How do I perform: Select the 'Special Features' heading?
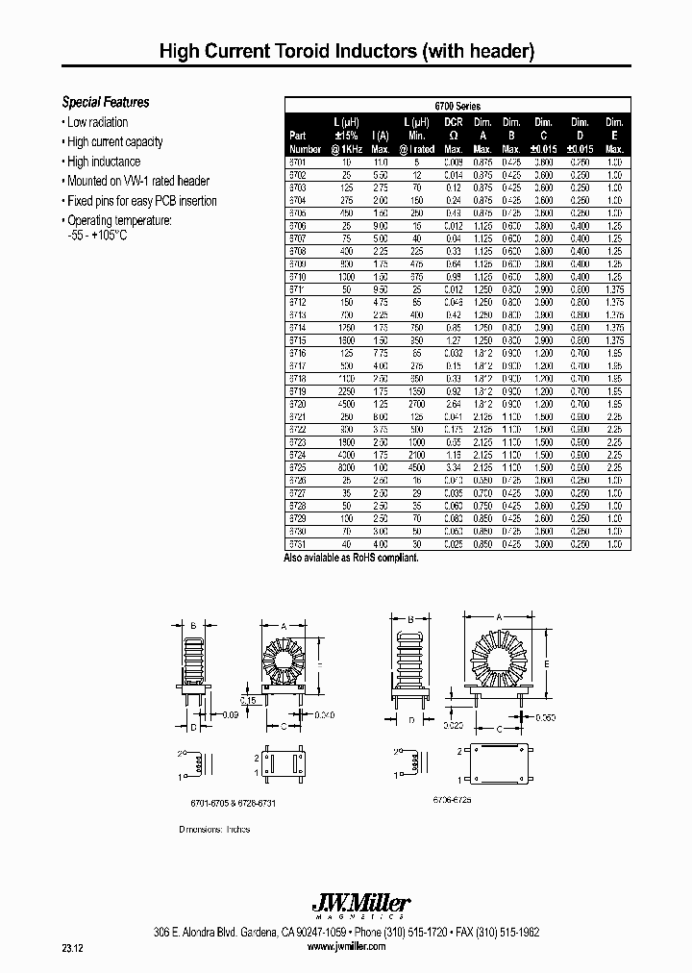click(x=106, y=102)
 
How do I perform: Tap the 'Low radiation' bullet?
click(x=97, y=122)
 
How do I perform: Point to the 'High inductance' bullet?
click(x=103, y=162)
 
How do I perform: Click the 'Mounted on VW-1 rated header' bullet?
click(x=137, y=181)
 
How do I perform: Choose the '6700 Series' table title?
click(x=457, y=107)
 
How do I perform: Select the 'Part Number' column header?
click(x=305, y=142)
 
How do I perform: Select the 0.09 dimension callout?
click(x=230, y=714)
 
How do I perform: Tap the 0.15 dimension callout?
click(x=247, y=701)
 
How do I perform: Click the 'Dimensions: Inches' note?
click(x=214, y=829)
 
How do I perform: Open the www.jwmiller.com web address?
click(x=346, y=946)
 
